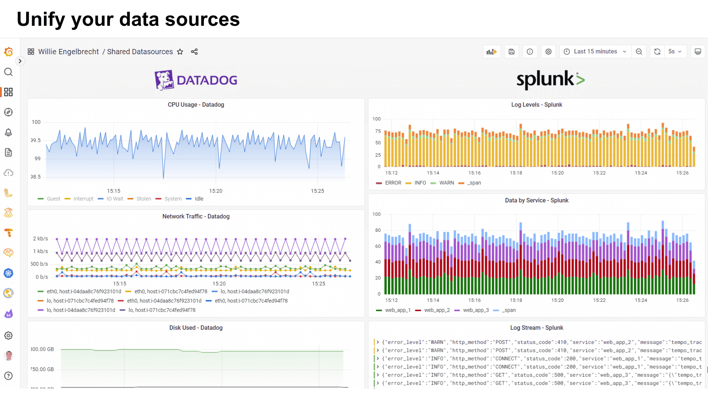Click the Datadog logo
point(196,80)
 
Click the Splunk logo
point(550,79)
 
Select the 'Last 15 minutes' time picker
point(595,52)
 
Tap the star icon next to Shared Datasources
point(180,52)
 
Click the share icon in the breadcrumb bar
point(194,52)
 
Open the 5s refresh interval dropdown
point(675,52)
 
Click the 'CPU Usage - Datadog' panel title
point(196,105)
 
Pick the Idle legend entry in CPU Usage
point(199,199)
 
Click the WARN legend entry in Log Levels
point(446,183)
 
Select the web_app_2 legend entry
point(437,310)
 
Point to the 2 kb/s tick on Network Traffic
point(41,238)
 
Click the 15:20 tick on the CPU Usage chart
point(216,191)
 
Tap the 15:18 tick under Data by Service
point(516,300)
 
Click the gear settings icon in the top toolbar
point(548,52)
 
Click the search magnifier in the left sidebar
point(8,72)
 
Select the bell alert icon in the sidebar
point(8,132)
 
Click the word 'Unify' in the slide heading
point(41,19)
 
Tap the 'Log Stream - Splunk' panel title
point(537,328)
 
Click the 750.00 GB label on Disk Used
point(42,369)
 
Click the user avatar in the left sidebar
point(8,356)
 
